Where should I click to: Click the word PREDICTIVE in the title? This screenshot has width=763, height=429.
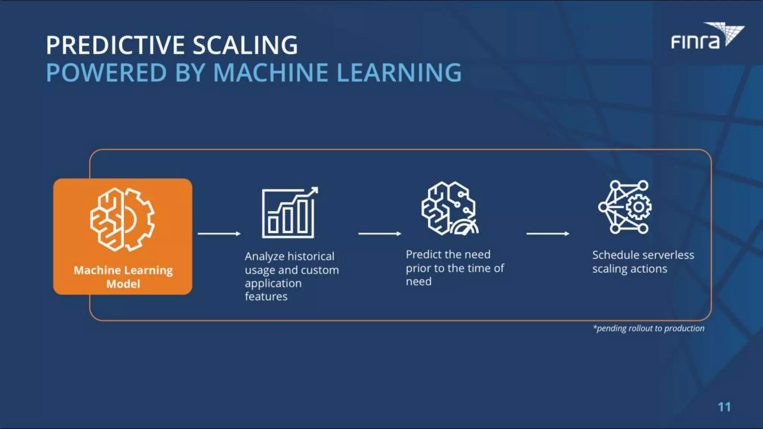click(115, 45)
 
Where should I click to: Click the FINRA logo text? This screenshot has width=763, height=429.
click(695, 42)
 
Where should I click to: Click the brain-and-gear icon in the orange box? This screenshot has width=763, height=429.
click(122, 219)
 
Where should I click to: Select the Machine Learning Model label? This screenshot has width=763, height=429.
click(123, 277)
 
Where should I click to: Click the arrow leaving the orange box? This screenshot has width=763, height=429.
click(219, 233)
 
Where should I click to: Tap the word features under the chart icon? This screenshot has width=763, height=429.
click(266, 296)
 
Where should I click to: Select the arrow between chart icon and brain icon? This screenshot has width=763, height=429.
click(380, 233)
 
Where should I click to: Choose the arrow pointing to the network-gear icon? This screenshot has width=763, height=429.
click(548, 233)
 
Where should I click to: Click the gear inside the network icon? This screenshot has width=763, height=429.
click(639, 207)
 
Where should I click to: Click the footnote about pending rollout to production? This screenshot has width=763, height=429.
click(649, 328)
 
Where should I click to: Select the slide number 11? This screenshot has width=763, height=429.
click(724, 407)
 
